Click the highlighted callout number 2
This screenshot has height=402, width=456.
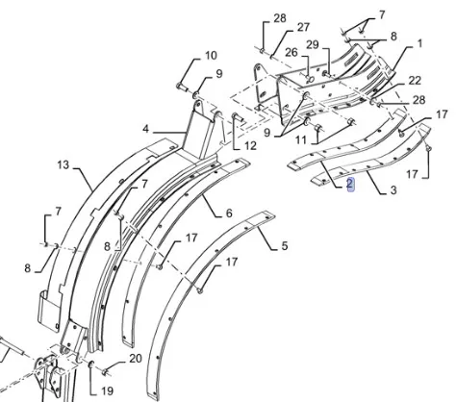click(x=350, y=185)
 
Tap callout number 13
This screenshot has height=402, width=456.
click(x=63, y=164)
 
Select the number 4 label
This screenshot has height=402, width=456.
click(x=145, y=129)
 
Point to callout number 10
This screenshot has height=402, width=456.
click(x=211, y=56)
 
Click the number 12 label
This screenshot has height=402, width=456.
click(x=250, y=146)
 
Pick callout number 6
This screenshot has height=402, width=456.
click(x=229, y=214)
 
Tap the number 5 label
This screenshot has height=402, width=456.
click(x=285, y=246)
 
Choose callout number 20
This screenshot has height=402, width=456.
click(x=136, y=359)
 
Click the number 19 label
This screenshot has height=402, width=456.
click(x=107, y=390)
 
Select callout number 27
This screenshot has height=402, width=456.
click(x=303, y=28)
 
